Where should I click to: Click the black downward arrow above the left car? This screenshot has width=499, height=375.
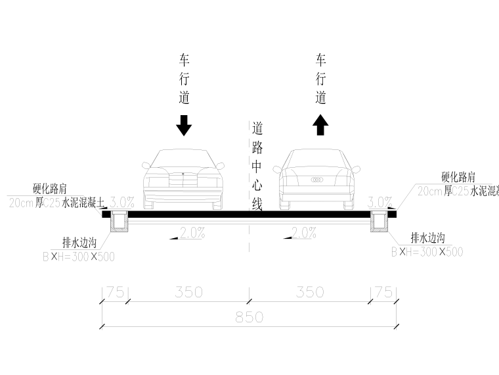pos(184,125)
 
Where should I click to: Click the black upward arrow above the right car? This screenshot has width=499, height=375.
pos(320,124)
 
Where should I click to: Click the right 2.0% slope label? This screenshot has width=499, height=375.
pos(303,233)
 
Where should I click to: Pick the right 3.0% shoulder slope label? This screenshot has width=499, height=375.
pos(380,202)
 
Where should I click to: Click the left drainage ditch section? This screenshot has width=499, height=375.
pos(119,224)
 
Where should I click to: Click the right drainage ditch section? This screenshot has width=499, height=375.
pos(380,224)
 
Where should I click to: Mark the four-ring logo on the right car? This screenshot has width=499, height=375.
pos(316,180)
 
